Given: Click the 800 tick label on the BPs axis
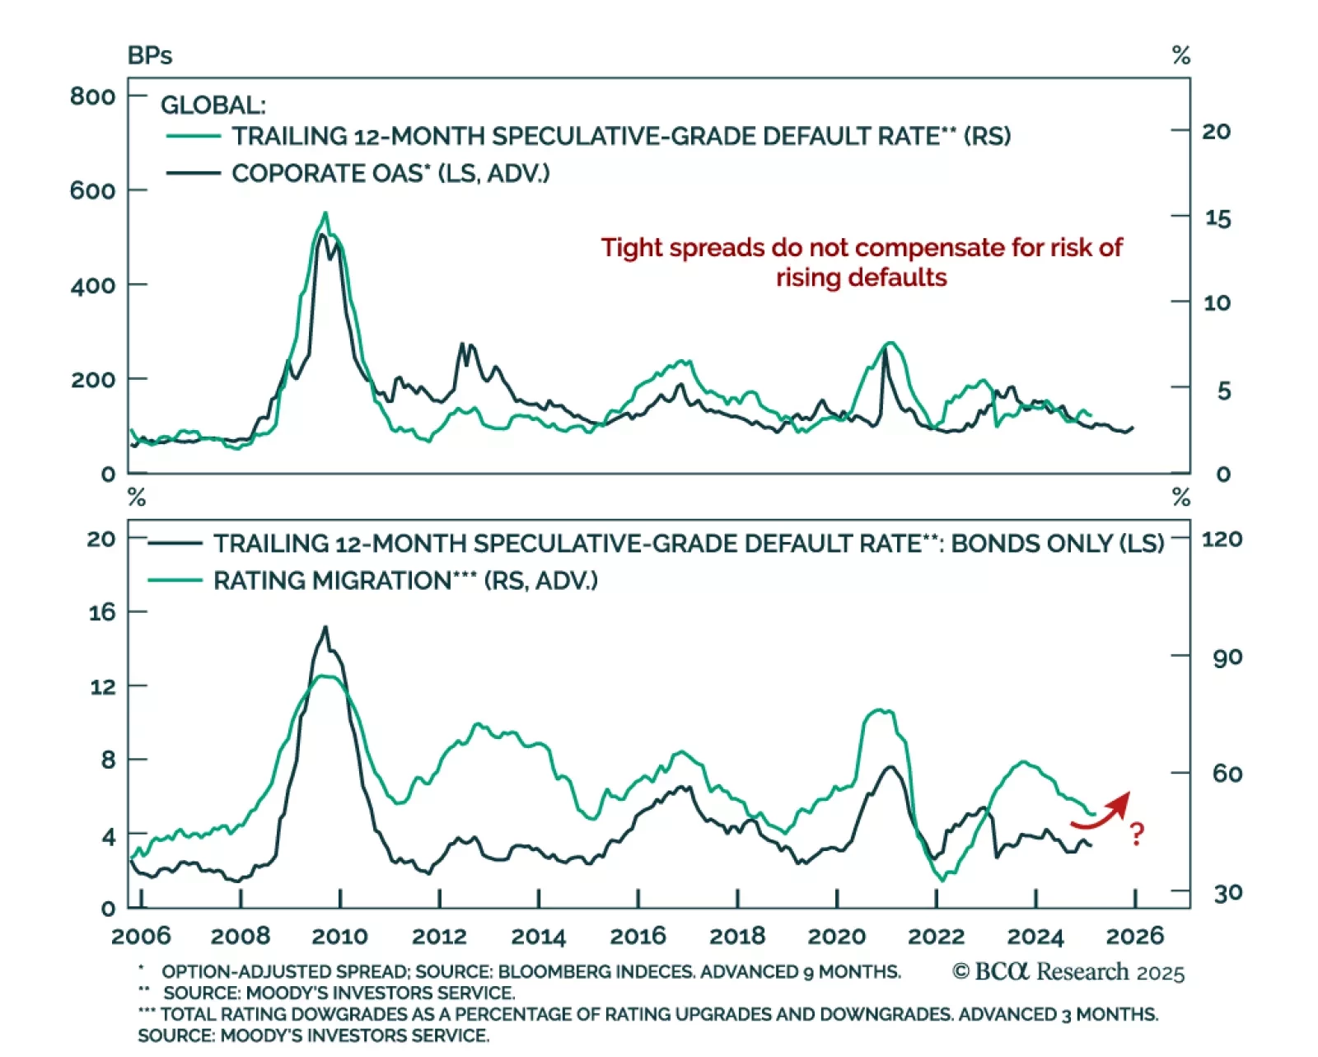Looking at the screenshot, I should (x=92, y=96).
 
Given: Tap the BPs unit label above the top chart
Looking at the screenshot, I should (x=149, y=56).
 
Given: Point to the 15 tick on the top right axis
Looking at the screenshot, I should (x=1218, y=218).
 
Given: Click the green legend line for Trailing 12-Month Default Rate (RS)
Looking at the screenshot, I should (x=194, y=136).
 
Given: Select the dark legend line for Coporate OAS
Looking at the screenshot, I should (x=194, y=173).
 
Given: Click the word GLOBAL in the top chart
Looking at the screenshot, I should (x=213, y=105).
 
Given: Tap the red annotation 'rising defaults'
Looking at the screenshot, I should (x=861, y=278).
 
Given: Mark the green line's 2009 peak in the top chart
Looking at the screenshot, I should (x=325, y=213).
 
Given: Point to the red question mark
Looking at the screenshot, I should (x=1137, y=834).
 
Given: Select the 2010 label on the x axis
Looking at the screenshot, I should (x=339, y=936).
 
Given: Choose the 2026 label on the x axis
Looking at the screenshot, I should (x=1134, y=936).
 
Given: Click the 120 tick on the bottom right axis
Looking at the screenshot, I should (x=1222, y=540).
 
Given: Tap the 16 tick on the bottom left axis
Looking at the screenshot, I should (x=102, y=612).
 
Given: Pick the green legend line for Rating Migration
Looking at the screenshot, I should (x=175, y=581).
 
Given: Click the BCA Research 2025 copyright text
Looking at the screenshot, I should (x=1068, y=972).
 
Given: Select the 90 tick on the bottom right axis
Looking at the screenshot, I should (x=1227, y=657).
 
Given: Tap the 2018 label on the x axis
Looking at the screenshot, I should (x=737, y=936).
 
